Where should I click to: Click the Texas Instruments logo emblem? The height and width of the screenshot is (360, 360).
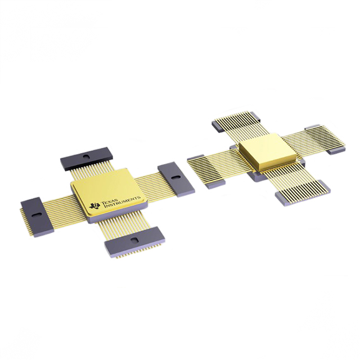pyautogui.click(x=94, y=206)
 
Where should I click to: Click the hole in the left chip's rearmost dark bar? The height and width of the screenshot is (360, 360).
pyautogui.click(x=86, y=155)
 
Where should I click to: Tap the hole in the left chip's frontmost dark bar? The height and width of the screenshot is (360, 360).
pyautogui.click(x=133, y=241)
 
